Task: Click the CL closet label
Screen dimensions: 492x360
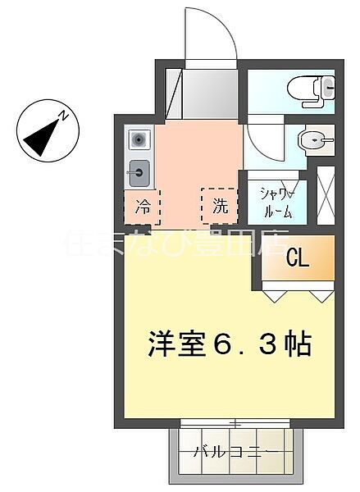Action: [x=297, y=258]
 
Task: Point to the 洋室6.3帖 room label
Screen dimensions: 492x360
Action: [x=230, y=344]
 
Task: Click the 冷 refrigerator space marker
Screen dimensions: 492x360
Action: [x=143, y=207]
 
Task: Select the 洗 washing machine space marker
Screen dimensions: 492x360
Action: [x=220, y=207]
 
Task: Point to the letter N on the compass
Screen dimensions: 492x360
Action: [x=61, y=117]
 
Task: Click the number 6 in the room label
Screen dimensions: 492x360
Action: [x=217, y=344]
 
